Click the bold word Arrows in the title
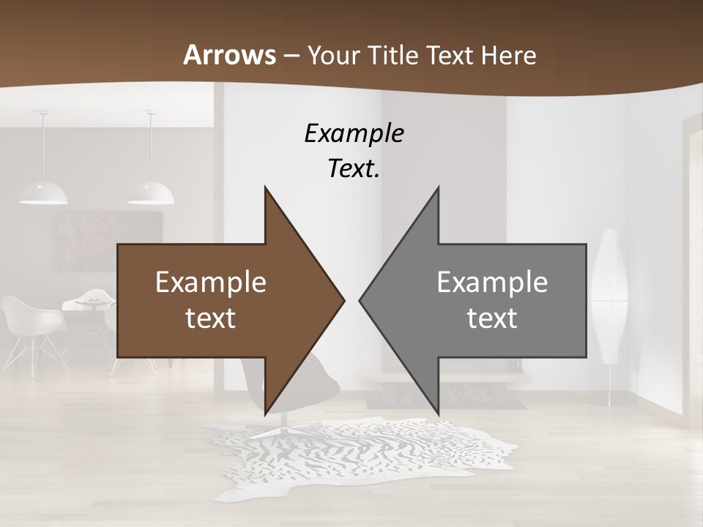[x=229, y=55]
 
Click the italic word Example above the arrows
[x=354, y=134]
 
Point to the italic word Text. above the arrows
[x=354, y=169]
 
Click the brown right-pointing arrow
[x=220, y=300]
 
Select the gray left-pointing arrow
[x=483, y=300]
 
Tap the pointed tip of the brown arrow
[x=343, y=300]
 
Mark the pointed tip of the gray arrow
[x=360, y=300]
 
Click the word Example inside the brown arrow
[x=211, y=283]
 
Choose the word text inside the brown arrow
[x=211, y=318]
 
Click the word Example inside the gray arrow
[x=492, y=283]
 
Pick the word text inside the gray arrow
[x=492, y=318]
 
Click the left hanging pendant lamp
[x=43, y=192]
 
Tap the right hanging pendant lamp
[x=151, y=192]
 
